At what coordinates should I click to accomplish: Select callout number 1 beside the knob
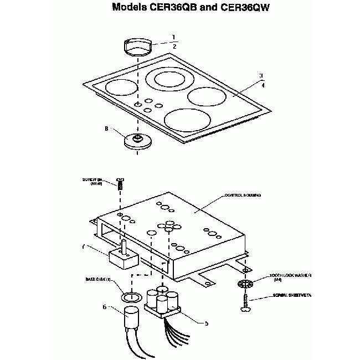[x=173, y=37]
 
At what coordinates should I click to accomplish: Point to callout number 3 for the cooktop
[x=261, y=76]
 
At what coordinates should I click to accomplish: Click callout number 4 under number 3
[x=263, y=86]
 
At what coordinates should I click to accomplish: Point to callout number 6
[x=104, y=307]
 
